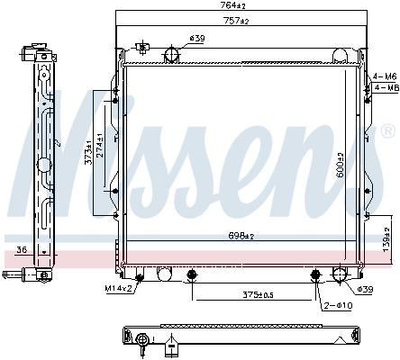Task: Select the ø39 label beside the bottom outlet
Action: (x=365, y=289)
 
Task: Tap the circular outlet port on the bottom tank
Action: (x=341, y=275)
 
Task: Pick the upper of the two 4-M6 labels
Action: (x=384, y=76)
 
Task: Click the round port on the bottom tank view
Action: (x=142, y=338)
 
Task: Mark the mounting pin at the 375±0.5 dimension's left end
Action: (x=191, y=275)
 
